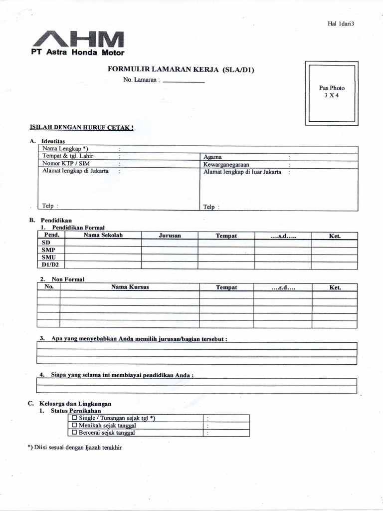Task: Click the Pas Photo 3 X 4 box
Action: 332,92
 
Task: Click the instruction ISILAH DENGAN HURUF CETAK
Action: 82,128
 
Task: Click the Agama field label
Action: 212,157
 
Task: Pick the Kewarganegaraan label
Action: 226,164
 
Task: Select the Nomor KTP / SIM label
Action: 66,164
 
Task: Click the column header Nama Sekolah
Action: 103,236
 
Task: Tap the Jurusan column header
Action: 170,236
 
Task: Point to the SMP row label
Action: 49,250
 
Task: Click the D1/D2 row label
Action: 50,265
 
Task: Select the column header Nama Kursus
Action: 130,287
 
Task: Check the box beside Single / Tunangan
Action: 74,418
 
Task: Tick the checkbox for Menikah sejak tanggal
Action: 74,426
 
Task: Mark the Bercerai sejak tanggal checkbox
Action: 74,433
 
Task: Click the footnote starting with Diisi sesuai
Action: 75,447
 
